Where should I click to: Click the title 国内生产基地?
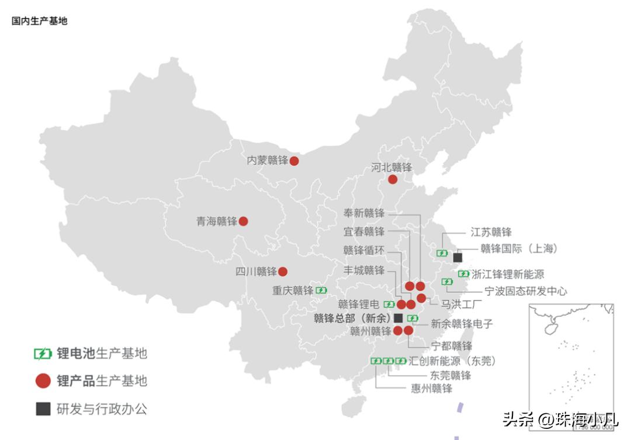pos(39,21)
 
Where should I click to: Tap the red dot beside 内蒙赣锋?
pos(294,161)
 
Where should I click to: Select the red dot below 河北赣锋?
pos(393,179)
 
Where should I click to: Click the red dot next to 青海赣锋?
pos(243,221)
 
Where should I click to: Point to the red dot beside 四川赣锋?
pos(283,272)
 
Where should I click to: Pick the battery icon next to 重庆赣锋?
pos(321,290)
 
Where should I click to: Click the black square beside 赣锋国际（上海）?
pos(457,257)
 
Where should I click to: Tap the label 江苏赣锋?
pos(491,232)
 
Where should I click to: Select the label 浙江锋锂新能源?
pos(508,274)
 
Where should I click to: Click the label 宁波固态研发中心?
pos(526,291)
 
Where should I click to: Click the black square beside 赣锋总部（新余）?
pos(398,318)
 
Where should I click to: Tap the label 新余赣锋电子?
pos(462,323)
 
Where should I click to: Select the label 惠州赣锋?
pos(431,388)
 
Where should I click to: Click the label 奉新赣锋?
pos(364,213)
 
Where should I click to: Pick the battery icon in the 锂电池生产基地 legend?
pos(43,354)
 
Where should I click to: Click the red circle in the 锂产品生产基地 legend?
pos(43,381)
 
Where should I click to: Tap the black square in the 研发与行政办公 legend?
pos(43,408)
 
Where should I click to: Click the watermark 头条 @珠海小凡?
pos(560,419)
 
